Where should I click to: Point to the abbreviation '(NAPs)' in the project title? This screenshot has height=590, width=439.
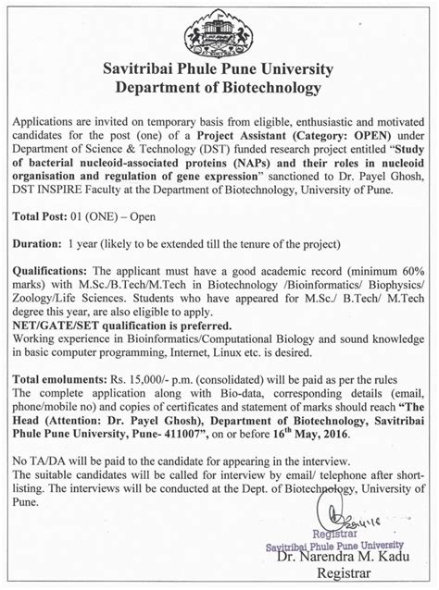(245, 164)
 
